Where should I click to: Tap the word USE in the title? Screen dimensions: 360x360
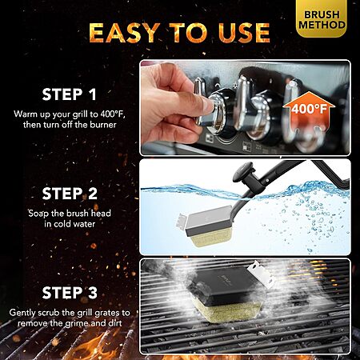pyautogui.click(x=244, y=33)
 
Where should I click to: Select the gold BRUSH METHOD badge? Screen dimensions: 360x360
pyautogui.click(x=322, y=18)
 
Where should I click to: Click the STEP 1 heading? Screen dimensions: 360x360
pyautogui.click(x=69, y=94)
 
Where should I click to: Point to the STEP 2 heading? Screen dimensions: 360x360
pyautogui.click(x=70, y=194)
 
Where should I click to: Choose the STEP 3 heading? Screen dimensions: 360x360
pyautogui.click(x=70, y=293)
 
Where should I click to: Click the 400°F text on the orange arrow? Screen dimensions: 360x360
pyautogui.click(x=309, y=109)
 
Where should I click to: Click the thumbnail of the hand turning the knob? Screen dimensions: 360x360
pyautogui.click(x=246, y=108)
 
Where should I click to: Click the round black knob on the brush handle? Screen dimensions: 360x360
pyautogui.click(x=242, y=171)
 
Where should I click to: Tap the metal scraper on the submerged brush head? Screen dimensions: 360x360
pyautogui.click(x=182, y=220)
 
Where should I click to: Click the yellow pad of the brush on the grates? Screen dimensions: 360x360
pyautogui.click(x=226, y=310)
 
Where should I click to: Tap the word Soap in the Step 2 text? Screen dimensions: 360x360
pyautogui.click(x=39, y=214)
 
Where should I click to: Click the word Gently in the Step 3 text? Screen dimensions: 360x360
pyautogui.click(x=22, y=313)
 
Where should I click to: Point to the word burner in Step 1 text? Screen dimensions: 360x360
pyautogui.click(x=103, y=125)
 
